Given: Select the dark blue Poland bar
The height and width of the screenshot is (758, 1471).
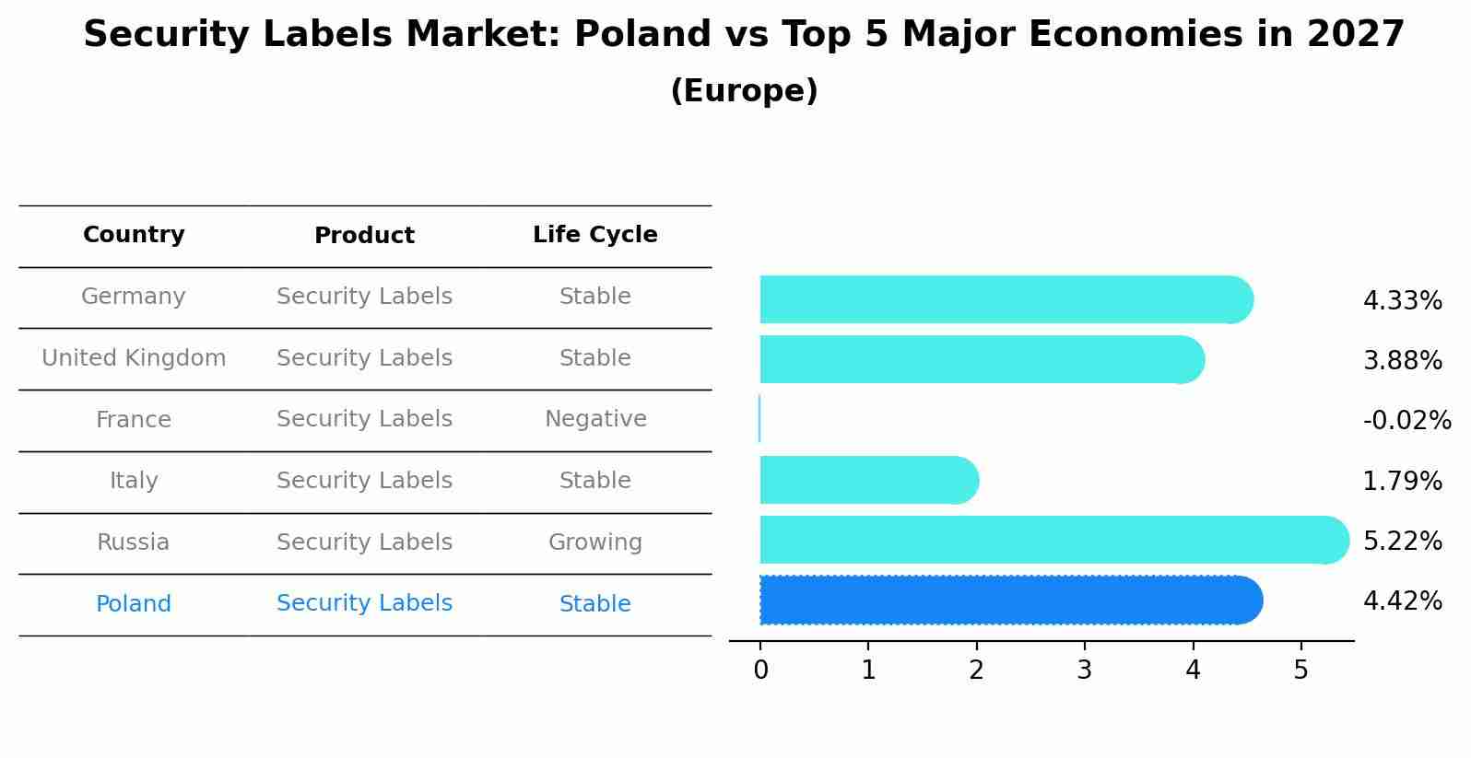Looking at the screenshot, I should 1010,601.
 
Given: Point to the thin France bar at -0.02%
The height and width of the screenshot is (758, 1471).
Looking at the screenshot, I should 759,419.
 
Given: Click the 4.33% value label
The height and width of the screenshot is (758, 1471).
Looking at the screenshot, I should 1402,301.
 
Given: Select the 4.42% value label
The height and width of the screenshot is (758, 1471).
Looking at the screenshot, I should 1402,601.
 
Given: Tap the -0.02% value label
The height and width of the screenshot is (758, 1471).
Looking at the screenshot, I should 1406,421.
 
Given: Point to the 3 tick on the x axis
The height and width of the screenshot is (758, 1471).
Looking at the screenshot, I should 1085,671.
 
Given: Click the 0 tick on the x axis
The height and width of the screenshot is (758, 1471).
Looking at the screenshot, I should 760,671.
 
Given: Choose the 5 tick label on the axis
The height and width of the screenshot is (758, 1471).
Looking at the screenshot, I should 1300,671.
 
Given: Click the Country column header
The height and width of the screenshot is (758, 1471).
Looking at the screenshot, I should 134,235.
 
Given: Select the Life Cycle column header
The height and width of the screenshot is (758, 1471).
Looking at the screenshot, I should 594,235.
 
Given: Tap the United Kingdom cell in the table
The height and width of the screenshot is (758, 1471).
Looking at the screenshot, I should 134,358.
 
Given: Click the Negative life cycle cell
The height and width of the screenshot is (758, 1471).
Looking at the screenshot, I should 595,419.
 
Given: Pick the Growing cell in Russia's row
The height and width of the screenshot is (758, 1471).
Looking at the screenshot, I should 595,542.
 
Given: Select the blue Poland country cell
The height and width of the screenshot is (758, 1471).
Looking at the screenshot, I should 134,604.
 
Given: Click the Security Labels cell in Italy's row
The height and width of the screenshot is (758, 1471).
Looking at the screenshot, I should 364,481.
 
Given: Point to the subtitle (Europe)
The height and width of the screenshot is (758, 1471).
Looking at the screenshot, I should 744,91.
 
